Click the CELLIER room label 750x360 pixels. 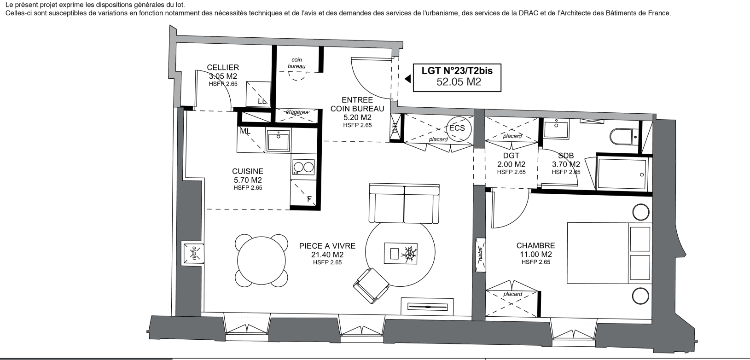tap(223, 67)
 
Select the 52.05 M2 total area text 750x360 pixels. tap(459, 81)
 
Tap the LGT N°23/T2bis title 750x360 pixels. tap(457, 70)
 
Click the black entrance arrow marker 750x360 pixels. tap(407, 79)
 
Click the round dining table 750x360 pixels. tap(261, 261)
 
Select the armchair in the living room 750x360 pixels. tap(371, 286)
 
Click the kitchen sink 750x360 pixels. tap(278, 141)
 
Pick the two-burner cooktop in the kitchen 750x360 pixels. tap(303, 167)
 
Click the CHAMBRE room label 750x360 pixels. tap(536, 245)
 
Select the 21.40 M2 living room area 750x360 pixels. tap(327, 255)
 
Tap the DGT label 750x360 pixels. tap(511, 156)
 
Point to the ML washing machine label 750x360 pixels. tap(245, 131)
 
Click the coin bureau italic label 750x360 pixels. tap(297, 63)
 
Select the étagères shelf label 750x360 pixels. tap(297, 112)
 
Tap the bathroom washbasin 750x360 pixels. tap(556, 129)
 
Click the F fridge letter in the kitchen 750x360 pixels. tap(309, 199)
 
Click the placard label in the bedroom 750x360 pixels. tap(512, 294)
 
